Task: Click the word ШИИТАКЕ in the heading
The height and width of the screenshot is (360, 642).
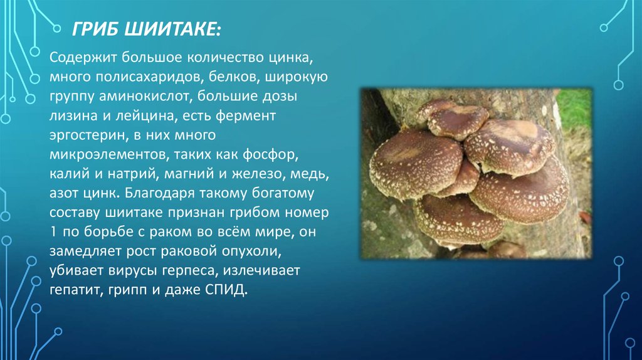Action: click(172, 29)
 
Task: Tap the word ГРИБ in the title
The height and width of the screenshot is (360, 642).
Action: click(95, 29)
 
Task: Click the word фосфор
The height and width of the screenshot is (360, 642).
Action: click(271, 155)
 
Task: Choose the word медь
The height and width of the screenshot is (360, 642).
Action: click(310, 174)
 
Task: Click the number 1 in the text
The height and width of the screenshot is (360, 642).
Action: click(53, 232)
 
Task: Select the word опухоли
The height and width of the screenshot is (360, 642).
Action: click(251, 251)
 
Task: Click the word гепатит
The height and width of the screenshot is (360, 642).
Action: click(77, 290)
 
